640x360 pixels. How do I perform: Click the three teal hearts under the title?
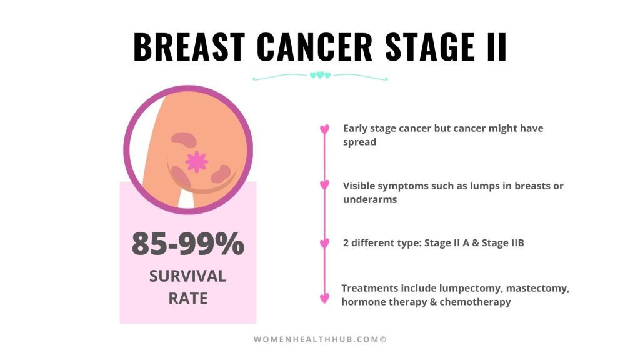321,75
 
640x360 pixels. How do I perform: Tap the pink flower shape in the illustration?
197,162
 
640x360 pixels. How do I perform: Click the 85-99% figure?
188,244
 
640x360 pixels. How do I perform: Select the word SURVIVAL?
187,276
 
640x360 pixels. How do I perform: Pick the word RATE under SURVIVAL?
188,298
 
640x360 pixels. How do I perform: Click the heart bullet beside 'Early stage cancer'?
324,129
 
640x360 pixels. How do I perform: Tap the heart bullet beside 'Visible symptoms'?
324,185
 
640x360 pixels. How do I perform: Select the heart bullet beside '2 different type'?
324,243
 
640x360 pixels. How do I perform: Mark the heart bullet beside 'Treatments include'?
324,298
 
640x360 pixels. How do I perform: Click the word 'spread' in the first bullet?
359,142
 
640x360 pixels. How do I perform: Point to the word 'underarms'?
370,199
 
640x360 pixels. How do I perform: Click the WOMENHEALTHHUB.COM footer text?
320,339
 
